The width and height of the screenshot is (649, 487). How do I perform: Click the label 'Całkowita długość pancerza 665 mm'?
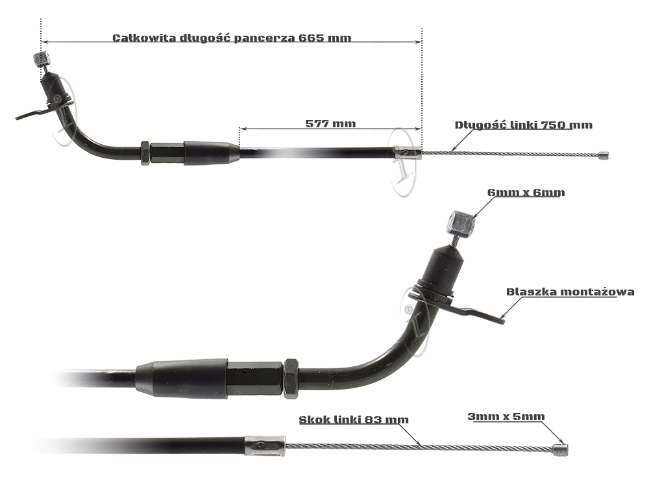(x=232, y=38)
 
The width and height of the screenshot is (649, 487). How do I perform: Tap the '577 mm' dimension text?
(x=330, y=122)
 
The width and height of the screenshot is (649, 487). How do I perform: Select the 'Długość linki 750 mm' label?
(x=523, y=125)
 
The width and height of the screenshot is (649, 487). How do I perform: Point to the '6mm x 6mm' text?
(x=526, y=192)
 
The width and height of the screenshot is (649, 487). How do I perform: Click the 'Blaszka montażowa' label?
(x=570, y=292)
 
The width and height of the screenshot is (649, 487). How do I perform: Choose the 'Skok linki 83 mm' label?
(x=354, y=419)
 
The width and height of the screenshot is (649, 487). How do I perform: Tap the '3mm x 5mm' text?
(x=506, y=416)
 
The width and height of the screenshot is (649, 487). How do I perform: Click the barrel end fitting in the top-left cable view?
(x=41, y=60)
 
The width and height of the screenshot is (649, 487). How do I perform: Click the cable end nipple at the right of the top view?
(x=603, y=155)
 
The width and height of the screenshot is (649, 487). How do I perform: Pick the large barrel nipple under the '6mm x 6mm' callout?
(x=463, y=225)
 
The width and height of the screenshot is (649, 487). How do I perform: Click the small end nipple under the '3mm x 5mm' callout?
(x=560, y=447)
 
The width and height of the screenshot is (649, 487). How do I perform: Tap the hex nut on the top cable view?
(x=145, y=154)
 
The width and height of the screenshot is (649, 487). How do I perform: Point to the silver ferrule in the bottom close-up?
(x=265, y=445)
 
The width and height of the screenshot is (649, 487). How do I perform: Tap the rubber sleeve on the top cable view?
(x=207, y=154)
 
